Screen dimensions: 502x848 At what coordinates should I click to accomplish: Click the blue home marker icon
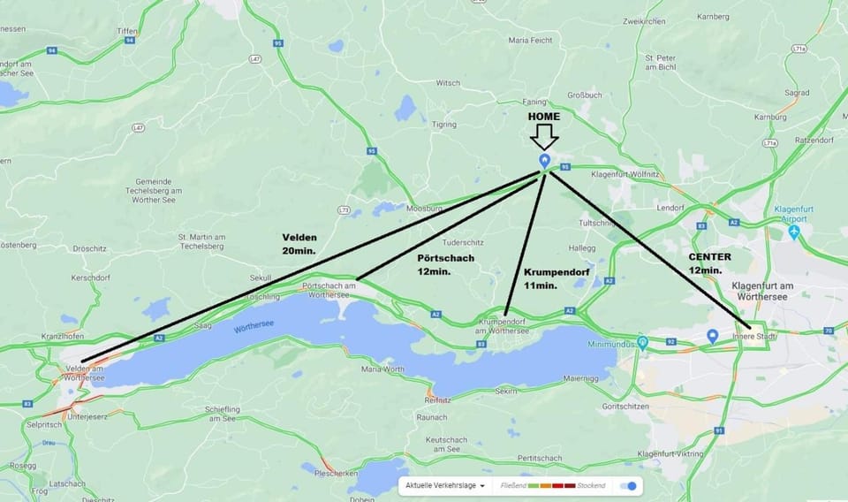click(x=545, y=160)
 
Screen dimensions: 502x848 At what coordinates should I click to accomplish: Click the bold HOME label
click(x=544, y=117)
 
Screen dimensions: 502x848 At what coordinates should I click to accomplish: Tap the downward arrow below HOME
click(x=544, y=136)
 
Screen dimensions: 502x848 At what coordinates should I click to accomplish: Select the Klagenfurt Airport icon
click(x=794, y=232)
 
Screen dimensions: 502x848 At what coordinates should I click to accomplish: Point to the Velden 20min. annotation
click(x=299, y=244)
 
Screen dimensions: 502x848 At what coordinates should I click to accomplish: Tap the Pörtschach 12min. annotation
click(x=445, y=264)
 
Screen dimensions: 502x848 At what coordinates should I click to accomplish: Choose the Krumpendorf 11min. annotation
click(x=555, y=278)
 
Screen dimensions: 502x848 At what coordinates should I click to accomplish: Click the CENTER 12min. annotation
click(x=709, y=262)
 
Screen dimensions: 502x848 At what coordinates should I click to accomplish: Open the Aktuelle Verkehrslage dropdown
click(x=446, y=486)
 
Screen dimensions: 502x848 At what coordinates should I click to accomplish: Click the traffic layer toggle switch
click(x=628, y=486)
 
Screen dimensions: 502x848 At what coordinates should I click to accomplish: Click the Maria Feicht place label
click(x=531, y=41)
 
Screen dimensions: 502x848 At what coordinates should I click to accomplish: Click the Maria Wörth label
click(x=382, y=369)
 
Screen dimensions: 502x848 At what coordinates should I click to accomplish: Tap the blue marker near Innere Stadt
click(x=712, y=337)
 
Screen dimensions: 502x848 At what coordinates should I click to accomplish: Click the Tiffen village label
click(x=127, y=31)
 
